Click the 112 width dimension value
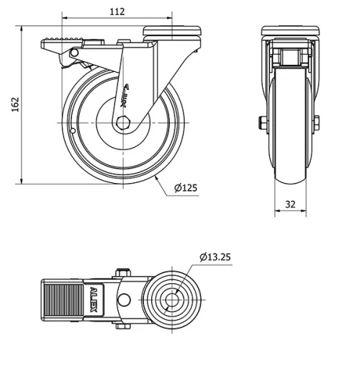point(117,11)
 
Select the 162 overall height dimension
point(14,104)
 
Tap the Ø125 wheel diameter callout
point(186,189)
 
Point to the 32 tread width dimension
point(290,204)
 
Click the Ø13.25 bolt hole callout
point(215,256)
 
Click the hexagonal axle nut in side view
point(125,122)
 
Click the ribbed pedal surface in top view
point(66,299)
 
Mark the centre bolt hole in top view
point(174,300)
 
